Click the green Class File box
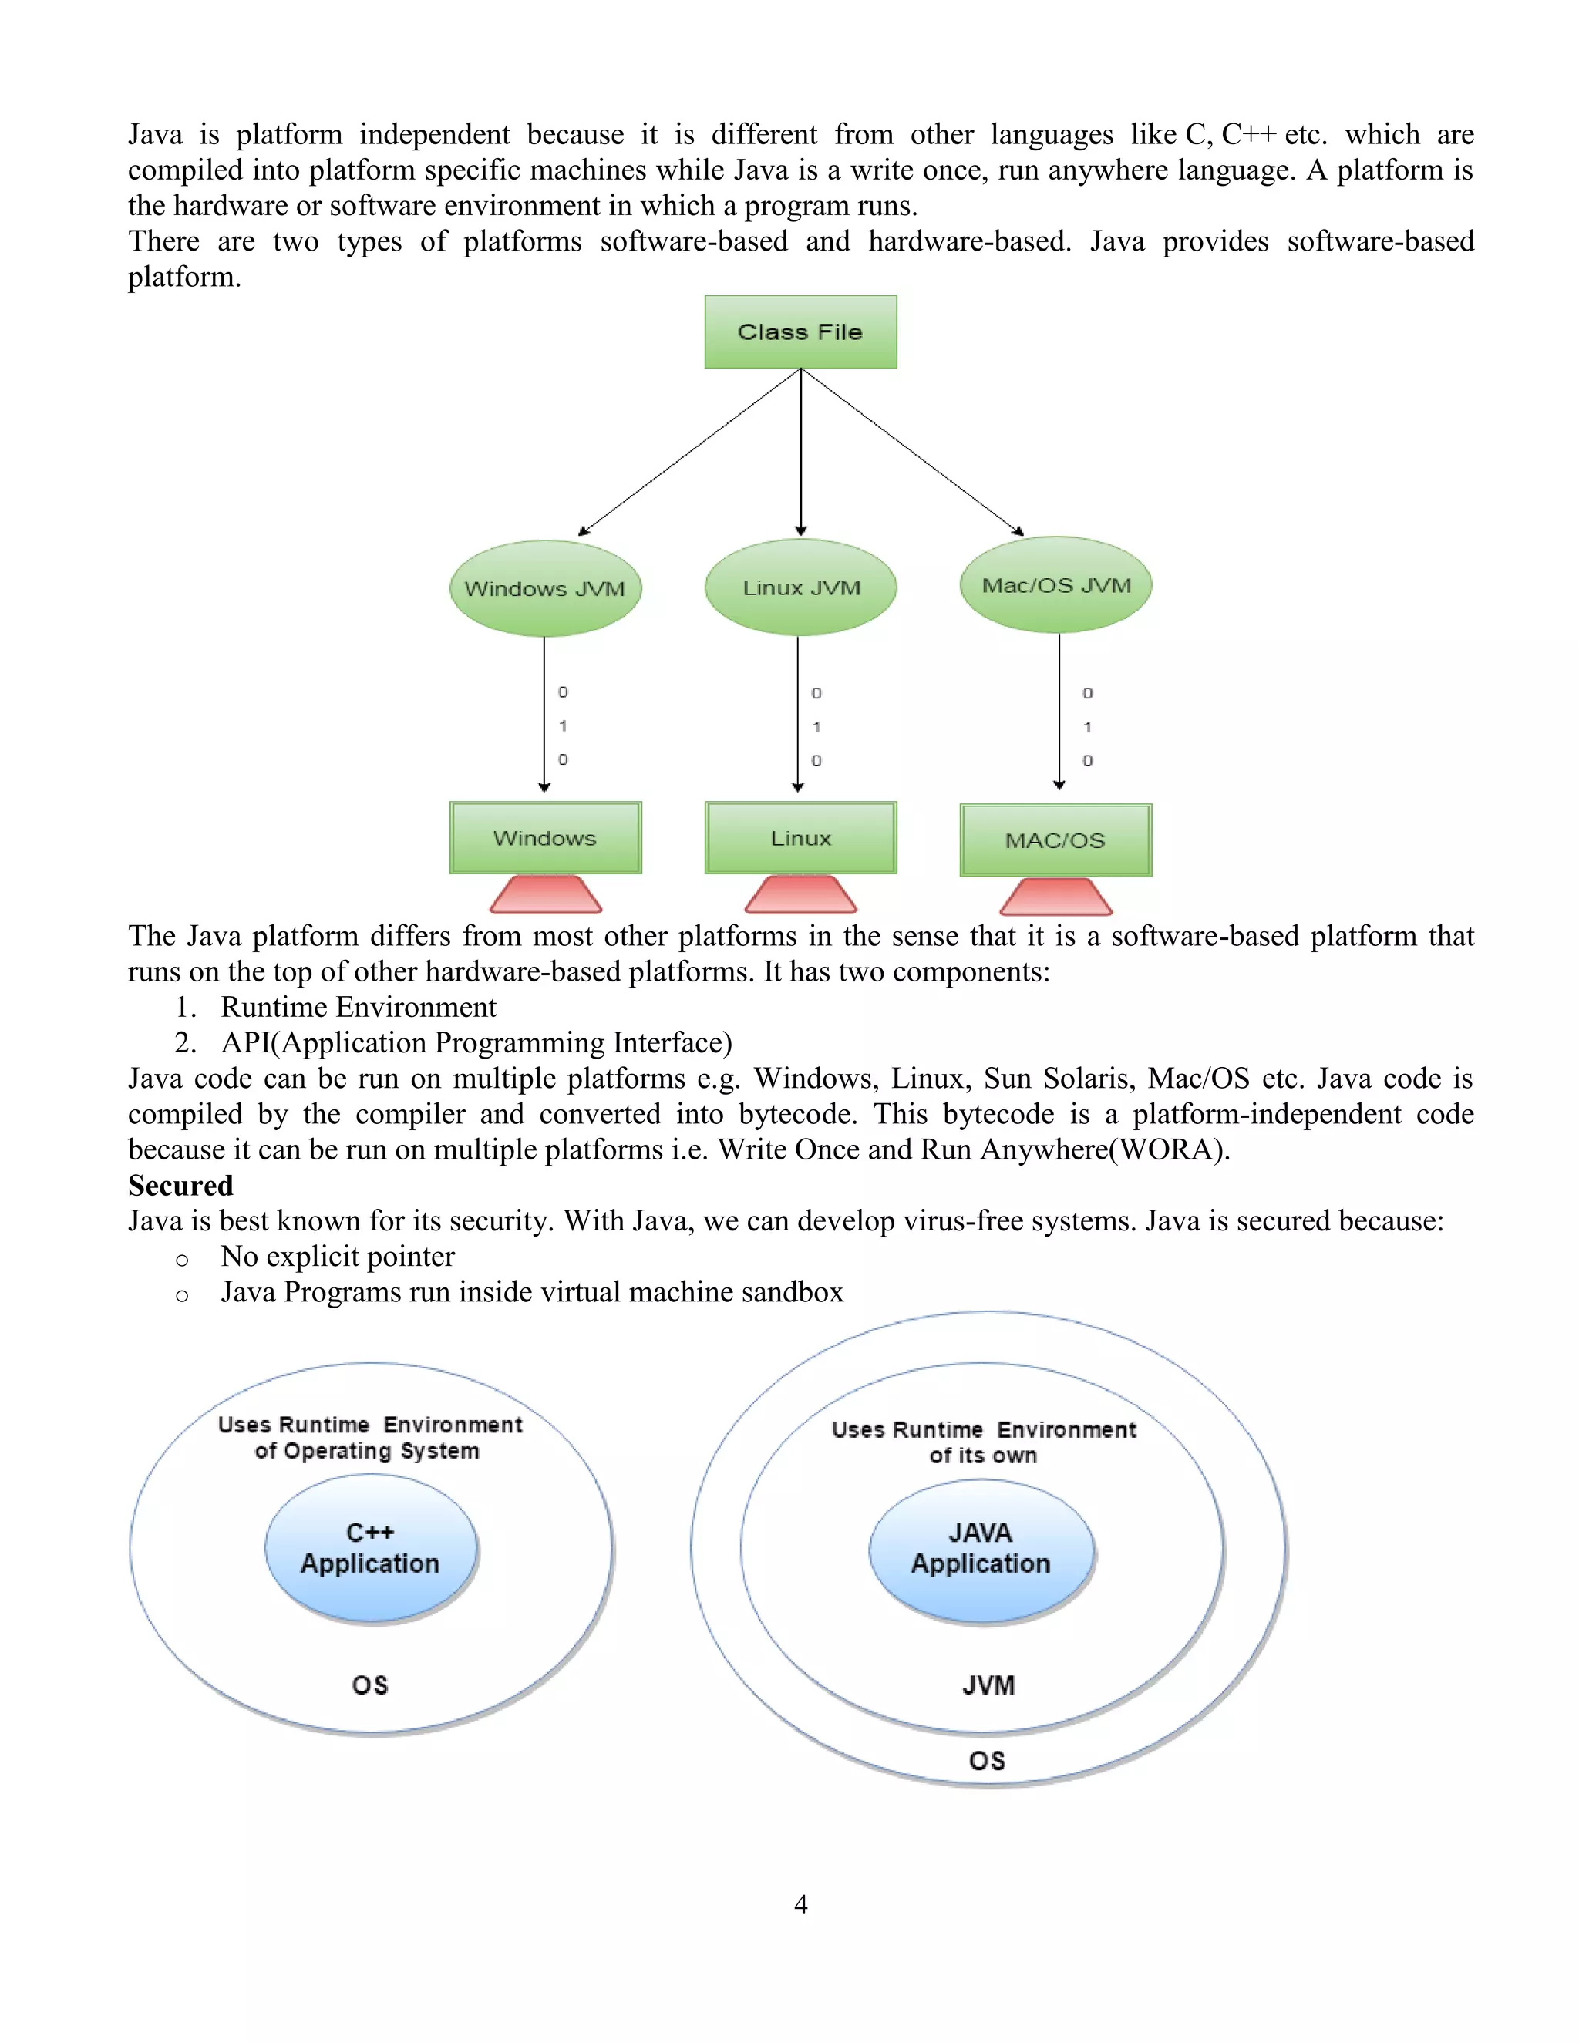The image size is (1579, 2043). pyautogui.click(x=800, y=332)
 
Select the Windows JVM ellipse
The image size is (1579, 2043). pyautogui.click(x=545, y=588)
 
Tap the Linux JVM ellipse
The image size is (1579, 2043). pyautogui.click(x=801, y=587)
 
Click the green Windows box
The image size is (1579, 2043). pyautogui.click(x=545, y=837)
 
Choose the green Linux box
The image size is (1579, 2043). pyautogui.click(x=801, y=837)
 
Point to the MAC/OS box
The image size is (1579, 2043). pyautogui.click(x=1055, y=840)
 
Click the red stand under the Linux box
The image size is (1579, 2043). pyautogui.click(x=801, y=894)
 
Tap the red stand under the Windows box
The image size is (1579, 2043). pyautogui.click(x=545, y=894)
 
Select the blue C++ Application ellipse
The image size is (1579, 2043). pyautogui.click(x=370, y=1548)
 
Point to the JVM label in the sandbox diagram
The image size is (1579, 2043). pyautogui.click(x=988, y=1685)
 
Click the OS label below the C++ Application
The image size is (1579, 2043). pyautogui.click(x=369, y=1685)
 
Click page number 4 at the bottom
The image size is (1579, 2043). pyautogui.click(x=801, y=1903)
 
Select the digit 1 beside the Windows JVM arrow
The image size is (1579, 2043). pyautogui.click(x=563, y=726)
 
